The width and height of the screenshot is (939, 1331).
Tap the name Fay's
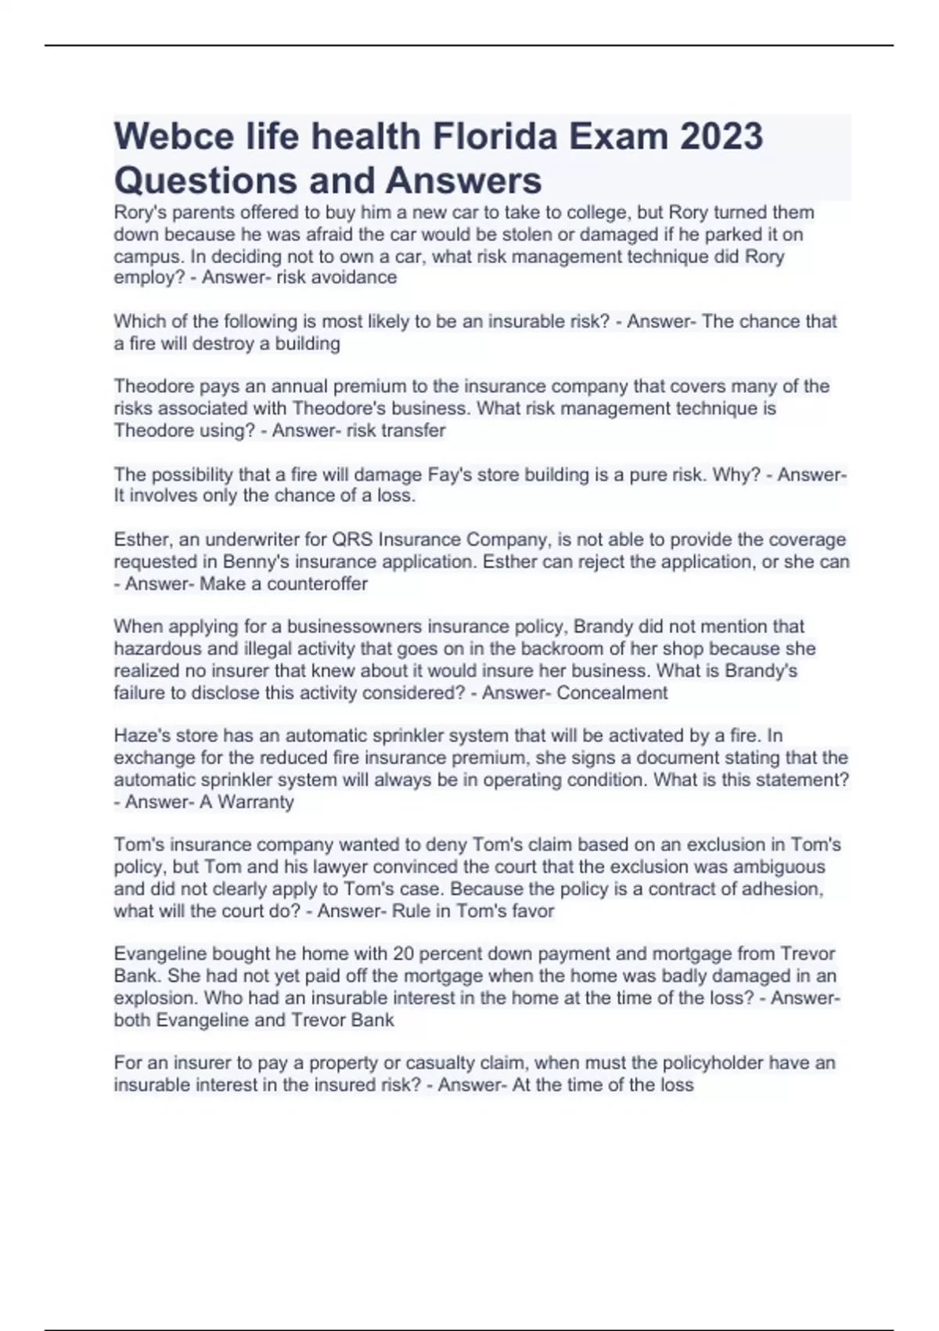click(x=448, y=474)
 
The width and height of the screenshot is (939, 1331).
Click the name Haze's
click(x=139, y=735)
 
